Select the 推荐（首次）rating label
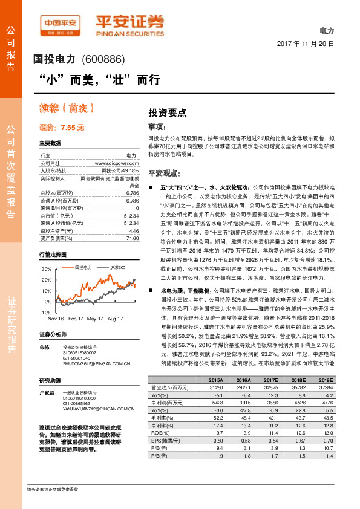click(x=58, y=109)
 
